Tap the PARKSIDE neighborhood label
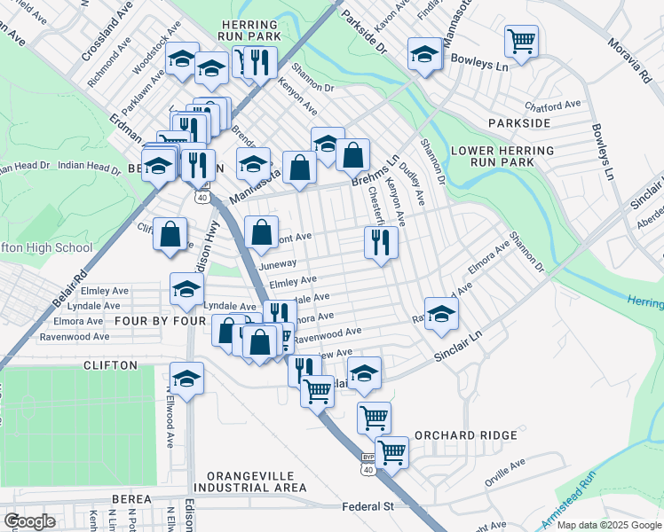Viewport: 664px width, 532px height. [518, 122]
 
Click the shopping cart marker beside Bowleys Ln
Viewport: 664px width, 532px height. [521, 40]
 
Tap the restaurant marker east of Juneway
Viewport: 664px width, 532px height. [381, 241]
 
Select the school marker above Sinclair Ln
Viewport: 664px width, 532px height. [441, 313]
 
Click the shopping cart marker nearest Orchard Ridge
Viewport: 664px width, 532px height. [391, 451]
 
